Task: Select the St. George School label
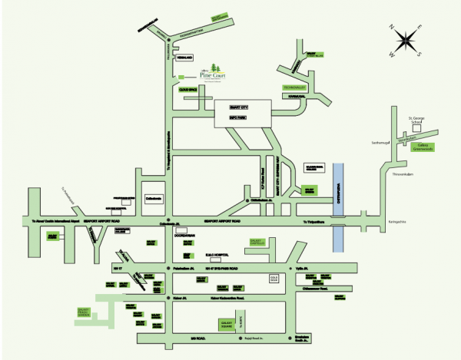coord(416,118)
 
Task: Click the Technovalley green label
coord(294,88)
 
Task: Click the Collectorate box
coord(154,198)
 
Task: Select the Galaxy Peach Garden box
coord(85,312)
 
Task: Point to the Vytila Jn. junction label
coord(301,269)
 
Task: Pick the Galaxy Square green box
coord(228,325)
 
